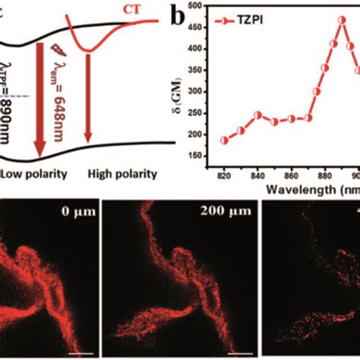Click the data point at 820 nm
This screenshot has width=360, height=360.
pos(224,141)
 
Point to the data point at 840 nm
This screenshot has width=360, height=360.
pos(257,115)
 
